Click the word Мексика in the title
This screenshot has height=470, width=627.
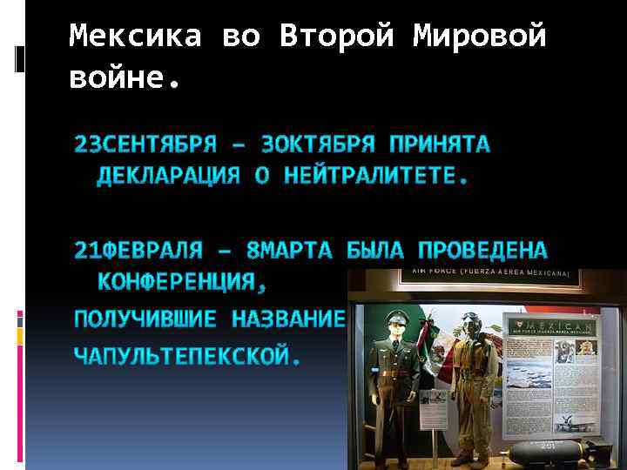tap(134, 37)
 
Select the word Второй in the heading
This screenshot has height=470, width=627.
tap(337, 37)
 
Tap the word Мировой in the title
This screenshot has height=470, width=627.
tap(480, 37)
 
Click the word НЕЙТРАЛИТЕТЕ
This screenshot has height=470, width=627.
tap(374, 177)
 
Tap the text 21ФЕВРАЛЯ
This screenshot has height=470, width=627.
tap(138, 251)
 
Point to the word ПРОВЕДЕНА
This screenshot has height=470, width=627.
tap(482, 251)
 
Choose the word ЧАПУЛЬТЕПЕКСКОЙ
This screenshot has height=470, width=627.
tap(187, 357)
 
